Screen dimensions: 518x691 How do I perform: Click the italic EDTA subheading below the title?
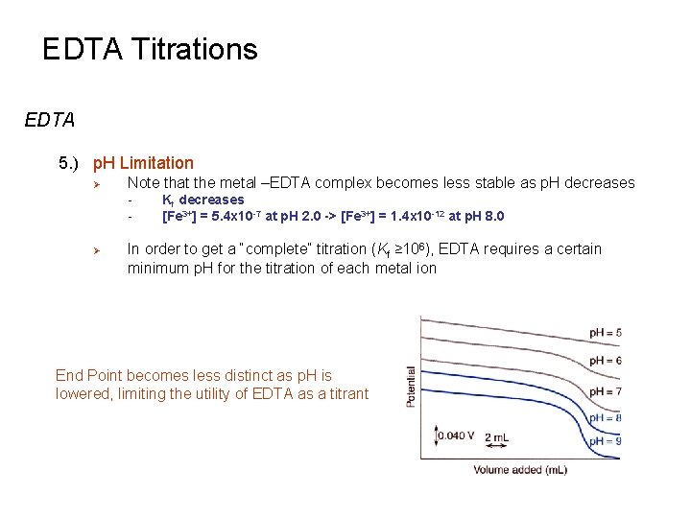coord(50,121)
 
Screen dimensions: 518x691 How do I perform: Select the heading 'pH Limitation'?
coord(143,163)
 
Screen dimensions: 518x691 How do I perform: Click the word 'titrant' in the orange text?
coord(345,393)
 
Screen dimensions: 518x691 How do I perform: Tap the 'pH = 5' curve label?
coord(605,333)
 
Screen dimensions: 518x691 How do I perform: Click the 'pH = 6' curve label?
coord(605,360)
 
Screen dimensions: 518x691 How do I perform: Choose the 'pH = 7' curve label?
coord(605,391)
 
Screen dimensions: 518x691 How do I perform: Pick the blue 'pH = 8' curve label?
coord(605,417)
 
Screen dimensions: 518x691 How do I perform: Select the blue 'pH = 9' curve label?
coord(605,440)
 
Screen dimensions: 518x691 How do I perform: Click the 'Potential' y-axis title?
coord(413,387)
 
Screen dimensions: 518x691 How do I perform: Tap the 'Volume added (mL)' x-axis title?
coord(519,469)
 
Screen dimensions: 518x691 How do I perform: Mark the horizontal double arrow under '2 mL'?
coord(497,448)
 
